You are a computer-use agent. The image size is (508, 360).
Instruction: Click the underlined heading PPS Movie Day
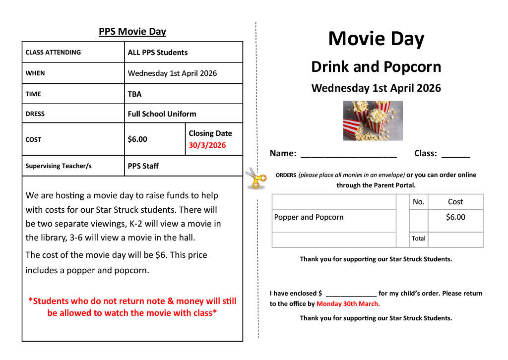(132, 32)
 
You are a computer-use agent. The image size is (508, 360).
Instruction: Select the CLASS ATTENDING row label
(53, 52)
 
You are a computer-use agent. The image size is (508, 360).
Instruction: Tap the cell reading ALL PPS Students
(158, 53)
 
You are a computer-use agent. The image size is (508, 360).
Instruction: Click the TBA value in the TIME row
(134, 94)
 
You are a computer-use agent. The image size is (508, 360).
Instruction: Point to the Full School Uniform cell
(162, 114)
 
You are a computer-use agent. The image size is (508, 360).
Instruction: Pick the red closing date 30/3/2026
(207, 145)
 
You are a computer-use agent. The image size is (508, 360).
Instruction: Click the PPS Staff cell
(143, 166)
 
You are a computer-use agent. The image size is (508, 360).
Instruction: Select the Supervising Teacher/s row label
(59, 166)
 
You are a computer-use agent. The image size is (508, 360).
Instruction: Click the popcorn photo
(373, 120)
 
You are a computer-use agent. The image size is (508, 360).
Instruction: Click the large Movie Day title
(376, 39)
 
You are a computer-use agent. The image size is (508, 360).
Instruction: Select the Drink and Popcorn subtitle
(376, 67)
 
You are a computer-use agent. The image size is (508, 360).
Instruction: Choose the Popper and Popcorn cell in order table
(309, 217)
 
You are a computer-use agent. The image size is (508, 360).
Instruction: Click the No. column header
(418, 202)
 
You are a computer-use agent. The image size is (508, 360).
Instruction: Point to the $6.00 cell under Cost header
(455, 217)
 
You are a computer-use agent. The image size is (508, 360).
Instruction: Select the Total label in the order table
(418, 239)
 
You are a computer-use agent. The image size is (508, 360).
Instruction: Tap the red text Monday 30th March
(348, 304)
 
